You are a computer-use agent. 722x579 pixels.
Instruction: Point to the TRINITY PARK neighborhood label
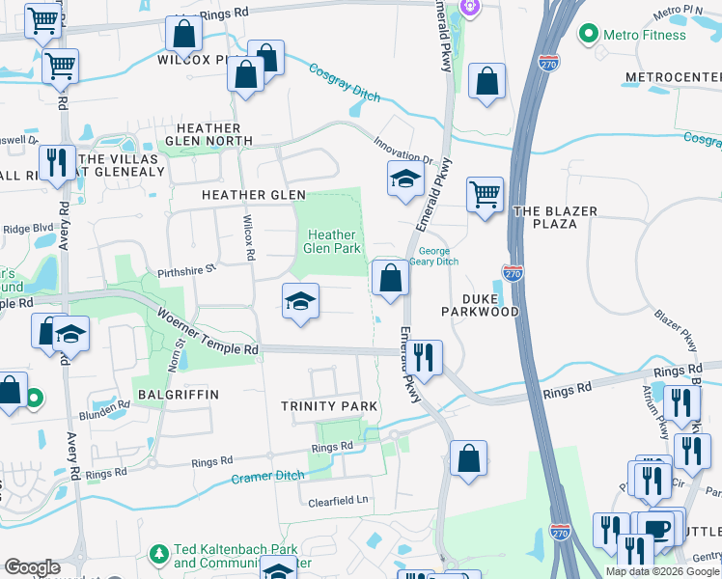[x=329, y=406]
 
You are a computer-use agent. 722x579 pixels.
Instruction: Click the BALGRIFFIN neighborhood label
[x=179, y=395]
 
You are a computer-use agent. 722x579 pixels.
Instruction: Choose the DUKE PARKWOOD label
[x=480, y=304]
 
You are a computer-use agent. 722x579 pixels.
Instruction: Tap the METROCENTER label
[x=673, y=76]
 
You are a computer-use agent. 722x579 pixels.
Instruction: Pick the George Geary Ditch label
[x=439, y=257]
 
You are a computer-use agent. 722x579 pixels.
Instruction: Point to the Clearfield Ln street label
[x=339, y=502]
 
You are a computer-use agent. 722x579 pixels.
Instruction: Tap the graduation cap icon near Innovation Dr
[x=406, y=178]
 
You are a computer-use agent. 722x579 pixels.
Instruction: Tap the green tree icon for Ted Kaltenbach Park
[x=159, y=554]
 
